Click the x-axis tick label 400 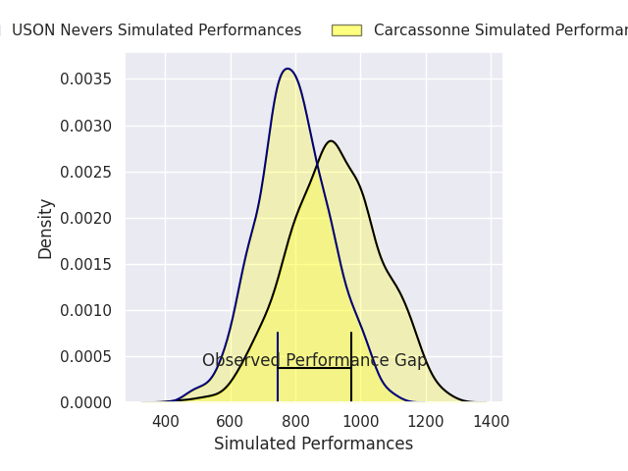click(165, 422)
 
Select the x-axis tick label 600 click(230, 422)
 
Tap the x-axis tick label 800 click(295, 422)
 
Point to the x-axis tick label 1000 click(360, 422)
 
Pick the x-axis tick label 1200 click(426, 422)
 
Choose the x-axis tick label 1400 click(491, 422)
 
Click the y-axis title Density click(46, 228)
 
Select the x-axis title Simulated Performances click(313, 445)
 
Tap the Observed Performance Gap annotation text click(314, 361)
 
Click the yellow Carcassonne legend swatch click(346, 30)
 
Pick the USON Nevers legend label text click(156, 30)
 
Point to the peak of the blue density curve click(287, 69)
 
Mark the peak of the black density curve click(331, 141)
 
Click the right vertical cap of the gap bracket click(351, 367)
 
